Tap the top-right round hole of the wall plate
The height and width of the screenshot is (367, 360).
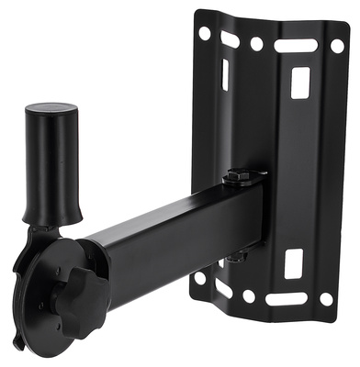338,44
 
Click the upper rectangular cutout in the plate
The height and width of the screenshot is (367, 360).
299,83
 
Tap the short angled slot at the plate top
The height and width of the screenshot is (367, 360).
230,39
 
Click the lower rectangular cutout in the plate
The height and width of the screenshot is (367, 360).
293,263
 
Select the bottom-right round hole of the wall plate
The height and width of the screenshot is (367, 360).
325,299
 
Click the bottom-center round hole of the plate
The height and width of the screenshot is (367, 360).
249,295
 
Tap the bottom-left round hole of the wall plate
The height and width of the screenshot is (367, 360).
200,277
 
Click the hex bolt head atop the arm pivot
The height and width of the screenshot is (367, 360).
238,173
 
